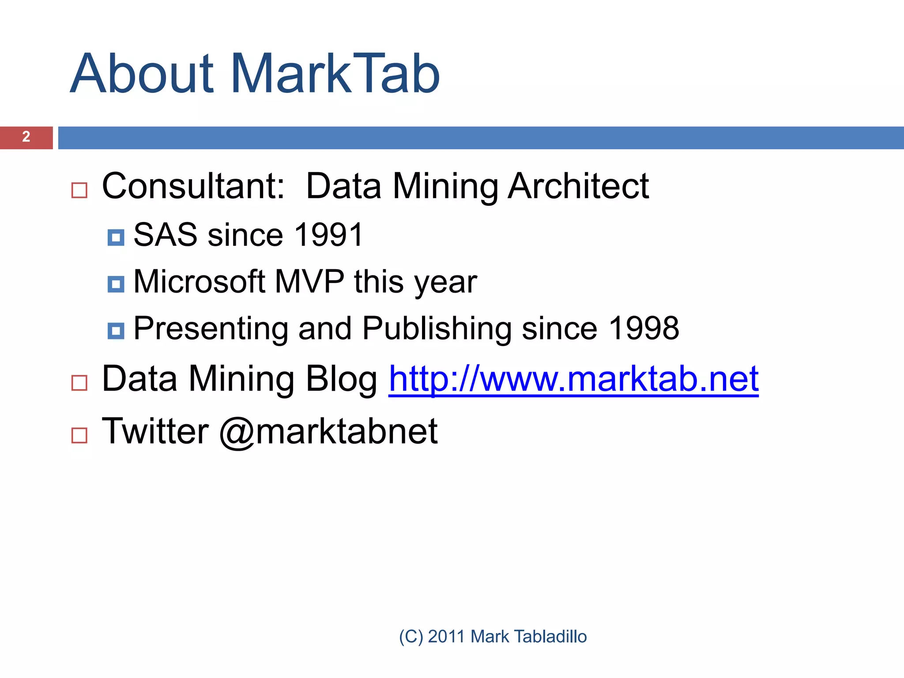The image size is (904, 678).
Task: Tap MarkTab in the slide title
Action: point(335,74)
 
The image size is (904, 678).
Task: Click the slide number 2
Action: point(26,137)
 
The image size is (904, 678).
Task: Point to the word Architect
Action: point(578,186)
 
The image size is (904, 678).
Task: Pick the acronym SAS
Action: point(165,235)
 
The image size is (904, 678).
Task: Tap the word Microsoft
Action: point(199,282)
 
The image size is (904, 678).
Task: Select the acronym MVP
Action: point(309,282)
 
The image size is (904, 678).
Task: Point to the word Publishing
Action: point(437,329)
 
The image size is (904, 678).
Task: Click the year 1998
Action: point(644,328)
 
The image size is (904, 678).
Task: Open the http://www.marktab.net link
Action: point(573,380)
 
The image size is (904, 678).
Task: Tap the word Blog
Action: point(341,380)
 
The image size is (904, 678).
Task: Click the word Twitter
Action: point(155,431)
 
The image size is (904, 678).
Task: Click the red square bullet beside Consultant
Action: point(79,191)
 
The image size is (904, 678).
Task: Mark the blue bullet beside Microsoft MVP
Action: point(116,284)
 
